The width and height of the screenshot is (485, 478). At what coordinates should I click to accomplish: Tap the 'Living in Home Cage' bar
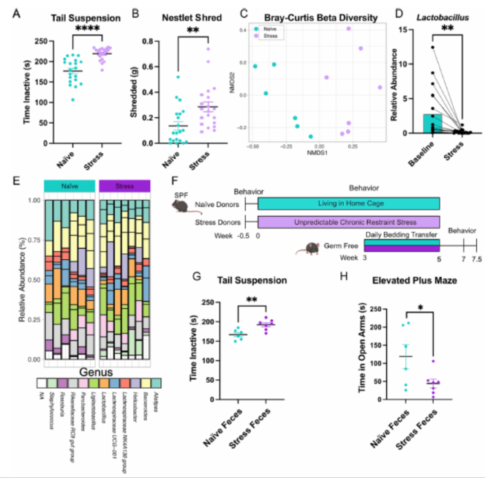[349, 203]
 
